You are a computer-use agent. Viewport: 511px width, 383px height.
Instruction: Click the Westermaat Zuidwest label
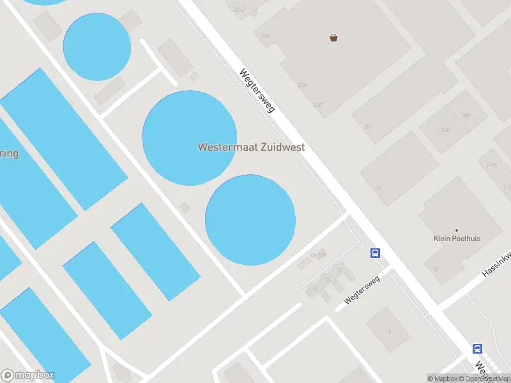pyautogui.click(x=251, y=147)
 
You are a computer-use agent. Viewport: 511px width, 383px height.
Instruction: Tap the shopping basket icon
pyautogui.click(x=333, y=38)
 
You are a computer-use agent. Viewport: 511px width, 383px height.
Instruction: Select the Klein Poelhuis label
pyautogui.click(x=456, y=239)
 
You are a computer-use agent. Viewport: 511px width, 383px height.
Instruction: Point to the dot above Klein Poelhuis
pyautogui.click(x=456, y=230)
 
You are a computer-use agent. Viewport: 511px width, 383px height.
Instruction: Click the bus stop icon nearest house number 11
pyautogui.click(x=376, y=253)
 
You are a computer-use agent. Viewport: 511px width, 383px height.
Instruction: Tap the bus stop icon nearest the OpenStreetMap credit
pyautogui.click(x=477, y=349)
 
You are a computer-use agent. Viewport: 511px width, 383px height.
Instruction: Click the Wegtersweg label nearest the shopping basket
pyautogui.click(x=257, y=91)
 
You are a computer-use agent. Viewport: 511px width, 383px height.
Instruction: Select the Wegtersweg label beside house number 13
pyautogui.click(x=362, y=293)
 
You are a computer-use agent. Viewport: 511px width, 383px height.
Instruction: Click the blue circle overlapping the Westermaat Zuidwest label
pyautogui.click(x=189, y=138)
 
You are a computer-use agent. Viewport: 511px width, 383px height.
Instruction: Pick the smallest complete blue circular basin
pyautogui.click(x=97, y=47)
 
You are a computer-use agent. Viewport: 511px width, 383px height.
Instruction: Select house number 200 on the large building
pyautogui.click(x=265, y=36)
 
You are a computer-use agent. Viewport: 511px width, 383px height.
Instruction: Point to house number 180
pyautogui.click(x=464, y=116)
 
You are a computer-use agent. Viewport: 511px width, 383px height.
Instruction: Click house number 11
pyautogui.click(x=339, y=271)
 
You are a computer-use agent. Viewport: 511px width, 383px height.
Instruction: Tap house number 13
pyautogui.click(x=326, y=280)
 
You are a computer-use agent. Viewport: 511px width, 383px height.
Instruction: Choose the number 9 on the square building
pyautogui.click(x=389, y=331)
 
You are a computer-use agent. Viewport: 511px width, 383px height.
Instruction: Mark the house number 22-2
pyautogui.click(x=240, y=10)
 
